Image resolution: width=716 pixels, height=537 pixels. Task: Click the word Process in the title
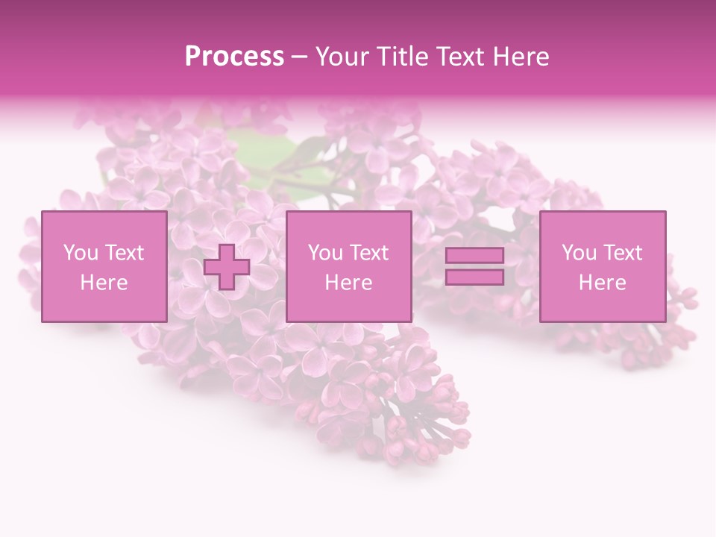coord(234,57)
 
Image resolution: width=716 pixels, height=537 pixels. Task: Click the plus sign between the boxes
coord(227,267)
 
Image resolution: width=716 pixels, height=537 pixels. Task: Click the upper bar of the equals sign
coord(474,256)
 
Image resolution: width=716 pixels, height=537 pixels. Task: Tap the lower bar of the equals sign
coord(474,277)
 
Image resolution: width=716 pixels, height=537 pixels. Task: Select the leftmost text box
coord(104,266)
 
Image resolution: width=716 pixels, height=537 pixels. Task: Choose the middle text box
coord(348,266)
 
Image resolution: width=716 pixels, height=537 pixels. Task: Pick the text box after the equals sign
coord(603,266)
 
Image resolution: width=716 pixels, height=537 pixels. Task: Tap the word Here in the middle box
coord(348,283)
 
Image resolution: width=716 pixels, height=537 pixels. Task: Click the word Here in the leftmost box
coord(104,283)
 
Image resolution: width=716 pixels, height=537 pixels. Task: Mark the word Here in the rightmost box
coord(603,283)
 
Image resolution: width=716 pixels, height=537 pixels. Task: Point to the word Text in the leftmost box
coord(124,253)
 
